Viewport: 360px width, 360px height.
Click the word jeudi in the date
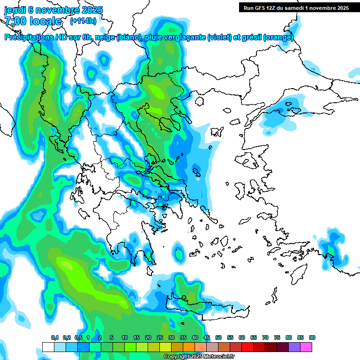15,10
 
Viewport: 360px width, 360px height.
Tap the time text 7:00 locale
33,21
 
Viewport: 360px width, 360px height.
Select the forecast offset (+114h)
83,21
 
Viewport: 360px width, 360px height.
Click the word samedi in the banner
299,7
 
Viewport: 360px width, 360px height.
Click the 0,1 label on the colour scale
55,338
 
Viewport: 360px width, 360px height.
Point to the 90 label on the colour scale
312,338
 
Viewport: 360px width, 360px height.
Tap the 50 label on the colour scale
218,338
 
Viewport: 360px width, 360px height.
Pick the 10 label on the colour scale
125,338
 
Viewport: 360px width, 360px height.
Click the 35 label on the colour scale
183,338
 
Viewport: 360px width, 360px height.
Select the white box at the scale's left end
48,347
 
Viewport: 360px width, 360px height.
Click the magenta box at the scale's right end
306,347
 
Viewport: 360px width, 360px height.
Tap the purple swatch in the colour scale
294,347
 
